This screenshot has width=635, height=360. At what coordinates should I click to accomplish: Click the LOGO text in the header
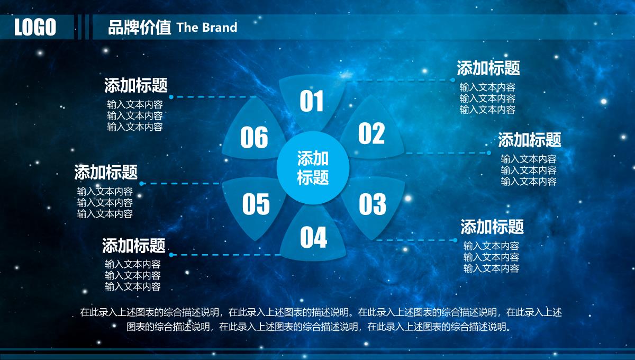point(35,27)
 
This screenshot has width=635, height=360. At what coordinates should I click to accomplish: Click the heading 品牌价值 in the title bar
point(140,27)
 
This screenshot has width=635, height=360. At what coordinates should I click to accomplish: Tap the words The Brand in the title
point(207,27)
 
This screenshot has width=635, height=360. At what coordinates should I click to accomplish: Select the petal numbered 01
point(312,101)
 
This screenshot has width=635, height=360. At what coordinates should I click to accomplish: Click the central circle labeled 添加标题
point(313,168)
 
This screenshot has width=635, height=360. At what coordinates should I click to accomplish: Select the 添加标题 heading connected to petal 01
point(488,68)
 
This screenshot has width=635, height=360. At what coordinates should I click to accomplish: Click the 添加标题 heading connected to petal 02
point(530,140)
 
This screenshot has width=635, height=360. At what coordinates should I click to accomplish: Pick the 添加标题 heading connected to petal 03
point(492,227)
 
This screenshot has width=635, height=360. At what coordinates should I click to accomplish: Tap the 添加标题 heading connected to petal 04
point(133,246)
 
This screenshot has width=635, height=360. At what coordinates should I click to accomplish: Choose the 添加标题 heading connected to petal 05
point(106,172)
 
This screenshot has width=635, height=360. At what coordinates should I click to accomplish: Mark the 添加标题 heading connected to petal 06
point(136,85)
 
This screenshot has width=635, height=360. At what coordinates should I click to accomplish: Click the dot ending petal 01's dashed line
point(452,80)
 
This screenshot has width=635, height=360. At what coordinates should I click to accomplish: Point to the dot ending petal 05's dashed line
point(142,184)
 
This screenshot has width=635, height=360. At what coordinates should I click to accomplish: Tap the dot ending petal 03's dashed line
point(455,240)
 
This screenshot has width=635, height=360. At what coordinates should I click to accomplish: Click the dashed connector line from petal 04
point(226,255)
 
